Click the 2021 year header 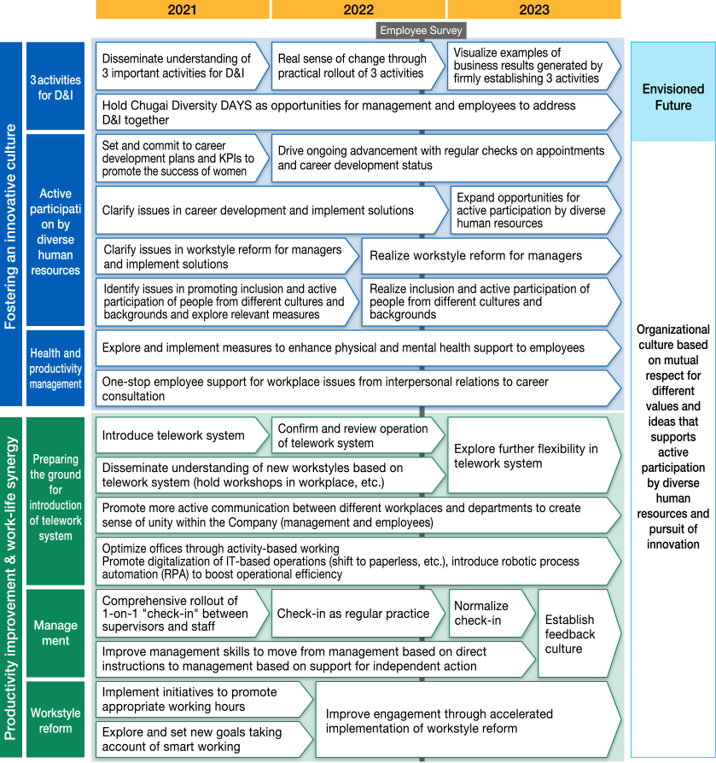pos(183,9)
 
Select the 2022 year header pos(358,9)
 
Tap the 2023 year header pos(534,9)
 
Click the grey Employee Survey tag pos(422,30)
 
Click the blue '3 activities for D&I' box pos(55,86)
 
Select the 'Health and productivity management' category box pos(55,368)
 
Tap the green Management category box pos(55,632)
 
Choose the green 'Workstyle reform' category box pos(55,719)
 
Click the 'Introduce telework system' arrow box pos(183,435)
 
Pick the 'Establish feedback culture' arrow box pos(579,633)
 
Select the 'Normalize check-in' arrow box pos(492,613)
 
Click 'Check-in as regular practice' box pos(358,613)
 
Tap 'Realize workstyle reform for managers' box pos(492,256)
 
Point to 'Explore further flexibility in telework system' pos(534,456)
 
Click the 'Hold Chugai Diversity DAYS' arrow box pos(358,113)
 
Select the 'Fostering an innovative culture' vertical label pos(11,224)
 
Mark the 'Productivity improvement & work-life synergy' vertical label pos(11,587)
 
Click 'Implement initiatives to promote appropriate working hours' pos(204,699)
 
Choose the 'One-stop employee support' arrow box pos(358,388)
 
